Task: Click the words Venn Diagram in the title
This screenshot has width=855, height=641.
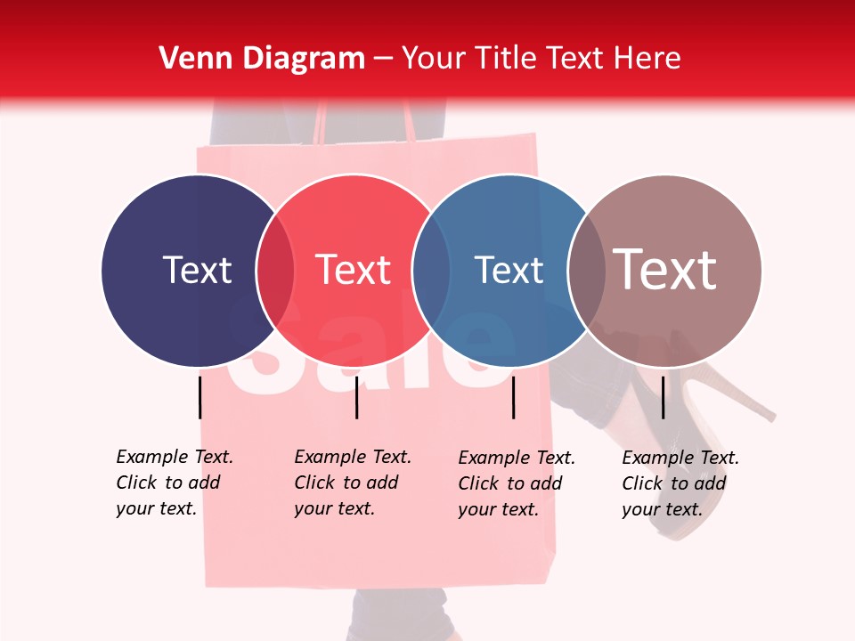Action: click(262, 59)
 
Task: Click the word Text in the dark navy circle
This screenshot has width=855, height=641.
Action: click(197, 270)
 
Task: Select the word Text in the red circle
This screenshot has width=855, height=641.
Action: click(354, 270)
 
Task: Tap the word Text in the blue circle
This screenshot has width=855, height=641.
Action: click(509, 270)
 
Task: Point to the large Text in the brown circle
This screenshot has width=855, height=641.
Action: click(665, 270)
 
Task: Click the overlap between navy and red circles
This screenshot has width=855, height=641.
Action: click(275, 270)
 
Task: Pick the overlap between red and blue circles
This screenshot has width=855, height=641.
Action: click(431, 270)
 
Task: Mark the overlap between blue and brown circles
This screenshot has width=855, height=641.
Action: click(585, 270)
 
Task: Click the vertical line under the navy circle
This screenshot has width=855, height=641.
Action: click(200, 397)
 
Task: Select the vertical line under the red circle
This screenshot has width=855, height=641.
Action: click(356, 397)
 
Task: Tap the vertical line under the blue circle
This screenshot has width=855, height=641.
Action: click(514, 397)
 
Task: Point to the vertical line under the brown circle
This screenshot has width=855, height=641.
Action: click(664, 397)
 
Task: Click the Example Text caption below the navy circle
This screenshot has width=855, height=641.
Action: click(175, 483)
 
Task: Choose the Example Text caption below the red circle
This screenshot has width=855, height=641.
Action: click(353, 483)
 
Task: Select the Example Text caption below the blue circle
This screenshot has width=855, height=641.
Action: click(517, 483)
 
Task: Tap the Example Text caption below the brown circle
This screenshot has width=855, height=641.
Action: click(680, 483)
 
